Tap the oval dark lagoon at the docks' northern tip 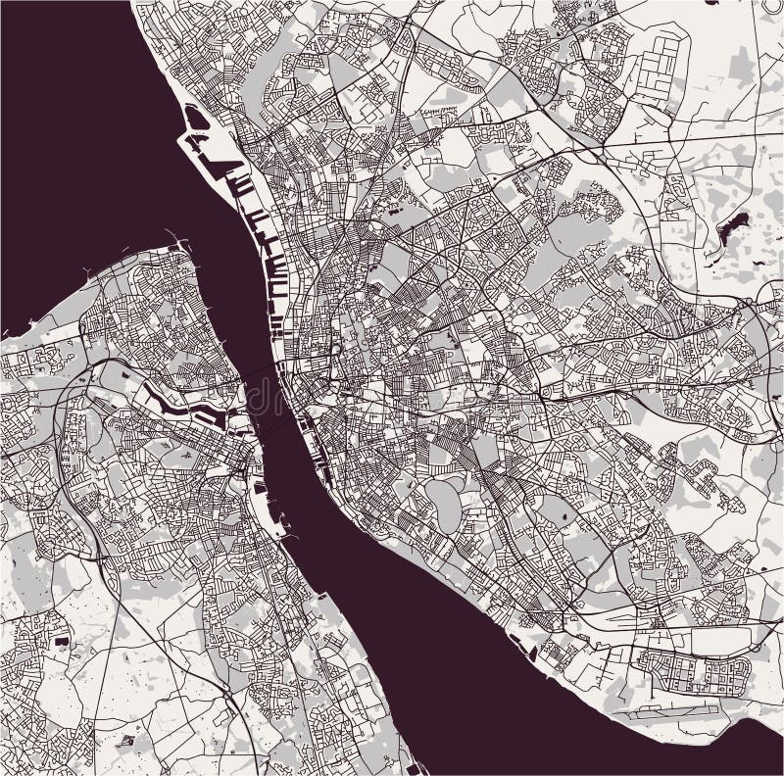click(x=196, y=119)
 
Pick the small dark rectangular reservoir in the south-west click(x=61, y=641)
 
